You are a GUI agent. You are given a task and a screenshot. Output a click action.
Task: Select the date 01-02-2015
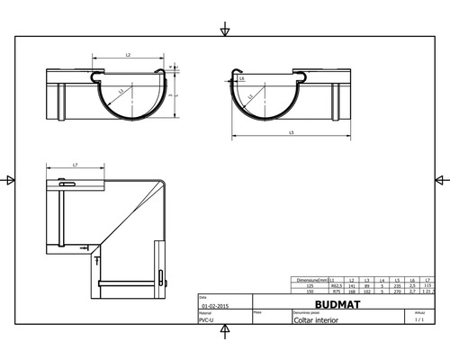pyautogui.click(x=214, y=305)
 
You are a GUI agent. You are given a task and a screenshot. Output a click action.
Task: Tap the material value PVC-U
pyautogui.click(x=206, y=319)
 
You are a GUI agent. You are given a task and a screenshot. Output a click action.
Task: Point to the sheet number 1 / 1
pyautogui.click(x=418, y=319)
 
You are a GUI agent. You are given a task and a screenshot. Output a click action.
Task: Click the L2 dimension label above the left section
pyautogui.click(x=128, y=56)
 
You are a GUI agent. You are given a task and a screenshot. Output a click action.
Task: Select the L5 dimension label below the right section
pyautogui.click(x=292, y=133)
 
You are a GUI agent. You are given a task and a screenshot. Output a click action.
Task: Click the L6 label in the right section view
pyautogui.click(x=244, y=79)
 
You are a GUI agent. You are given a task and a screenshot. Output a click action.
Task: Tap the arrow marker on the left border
pyautogui.click(x=10, y=180)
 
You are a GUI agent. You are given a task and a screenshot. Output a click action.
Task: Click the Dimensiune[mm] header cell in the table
pyautogui.click(x=310, y=281)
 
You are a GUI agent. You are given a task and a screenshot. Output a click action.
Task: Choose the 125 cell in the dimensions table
pyautogui.click(x=310, y=286)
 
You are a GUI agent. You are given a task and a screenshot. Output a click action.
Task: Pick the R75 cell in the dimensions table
pyautogui.click(x=335, y=292)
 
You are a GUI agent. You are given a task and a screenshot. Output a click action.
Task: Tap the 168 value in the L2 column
pyautogui.click(x=352, y=292)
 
